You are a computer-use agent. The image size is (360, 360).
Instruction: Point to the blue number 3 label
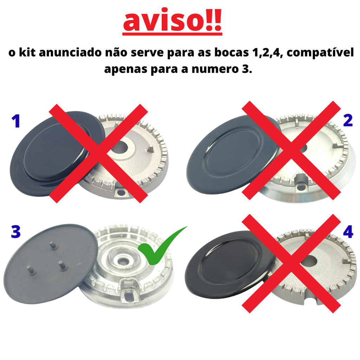(16, 231)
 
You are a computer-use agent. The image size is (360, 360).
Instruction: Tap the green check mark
(161, 247)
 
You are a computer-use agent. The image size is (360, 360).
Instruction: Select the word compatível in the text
(320, 53)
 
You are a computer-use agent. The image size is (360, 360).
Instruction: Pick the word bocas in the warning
(231, 52)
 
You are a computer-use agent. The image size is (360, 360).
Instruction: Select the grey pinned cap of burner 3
(51, 264)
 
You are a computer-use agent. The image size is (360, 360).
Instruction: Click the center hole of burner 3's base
(124, 261)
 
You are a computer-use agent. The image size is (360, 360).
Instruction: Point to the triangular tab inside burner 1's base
(150, 149)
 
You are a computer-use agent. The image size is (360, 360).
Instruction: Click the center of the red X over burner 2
(291, 150)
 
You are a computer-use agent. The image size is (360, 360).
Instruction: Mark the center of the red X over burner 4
(291, 263)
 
